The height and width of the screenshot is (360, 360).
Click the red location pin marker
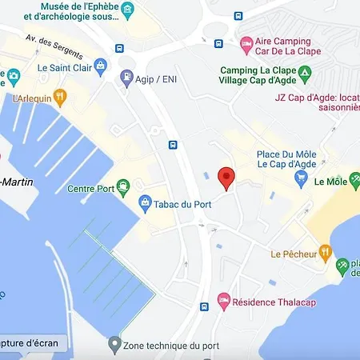(226, 178)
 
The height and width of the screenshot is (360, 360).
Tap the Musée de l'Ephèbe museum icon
(128, 9)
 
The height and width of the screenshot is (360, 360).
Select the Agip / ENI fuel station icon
(126, 78)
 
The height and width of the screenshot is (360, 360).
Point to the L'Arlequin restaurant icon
(60, 98)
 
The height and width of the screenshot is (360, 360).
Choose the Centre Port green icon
(123, 188)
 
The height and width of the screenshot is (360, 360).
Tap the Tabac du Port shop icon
(145, 202)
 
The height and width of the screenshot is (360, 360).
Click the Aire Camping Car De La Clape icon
(246, 42)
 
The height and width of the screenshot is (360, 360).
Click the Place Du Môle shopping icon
(301, 178)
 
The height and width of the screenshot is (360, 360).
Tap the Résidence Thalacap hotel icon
(225, 300)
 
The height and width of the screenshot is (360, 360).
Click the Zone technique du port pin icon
(114, 345)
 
